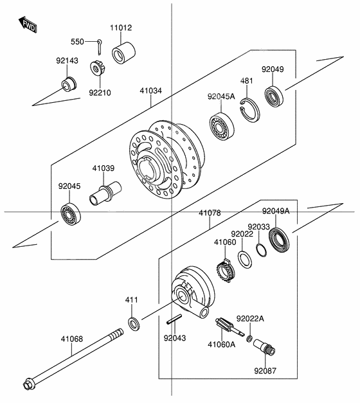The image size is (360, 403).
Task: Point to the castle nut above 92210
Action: click(x=99, y=66)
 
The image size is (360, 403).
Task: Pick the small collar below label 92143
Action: click(x=67, y=84)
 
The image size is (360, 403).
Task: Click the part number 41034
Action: click(x=150, y=91)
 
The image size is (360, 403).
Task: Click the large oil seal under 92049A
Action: click(x=279, y=241)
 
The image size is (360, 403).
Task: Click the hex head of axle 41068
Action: click(x=30, y=386)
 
